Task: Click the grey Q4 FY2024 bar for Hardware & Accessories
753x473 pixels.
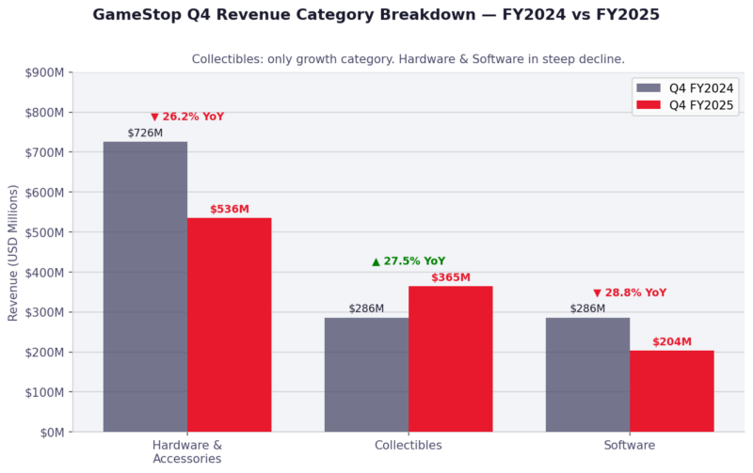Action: [x=145, y=287]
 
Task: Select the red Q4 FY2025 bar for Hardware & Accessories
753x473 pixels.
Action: [x=229, y=325]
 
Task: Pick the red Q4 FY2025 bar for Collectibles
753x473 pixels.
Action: [x=450, y=359]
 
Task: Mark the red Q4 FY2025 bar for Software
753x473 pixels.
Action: [x=671, y=391]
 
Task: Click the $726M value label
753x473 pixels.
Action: [x=145, y=134]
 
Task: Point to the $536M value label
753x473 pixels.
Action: [x=229, y=209]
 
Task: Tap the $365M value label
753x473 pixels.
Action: [x=450, y=277]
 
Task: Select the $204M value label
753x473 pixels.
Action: [x=671, y=342]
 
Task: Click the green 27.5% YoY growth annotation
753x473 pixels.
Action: [x=409, y=261]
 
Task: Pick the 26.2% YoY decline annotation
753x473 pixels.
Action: [x=187, y=117]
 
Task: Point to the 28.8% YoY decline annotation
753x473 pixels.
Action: [x=630, y=293]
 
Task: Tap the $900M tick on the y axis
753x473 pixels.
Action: [x=44, y=72]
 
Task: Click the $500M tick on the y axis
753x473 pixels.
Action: [x=44, y=232]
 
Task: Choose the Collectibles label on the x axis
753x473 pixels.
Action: [x=408, y=445]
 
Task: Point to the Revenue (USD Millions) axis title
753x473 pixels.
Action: [x=13, y=252]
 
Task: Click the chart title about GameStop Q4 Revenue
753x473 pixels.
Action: [x=376, y=15]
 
